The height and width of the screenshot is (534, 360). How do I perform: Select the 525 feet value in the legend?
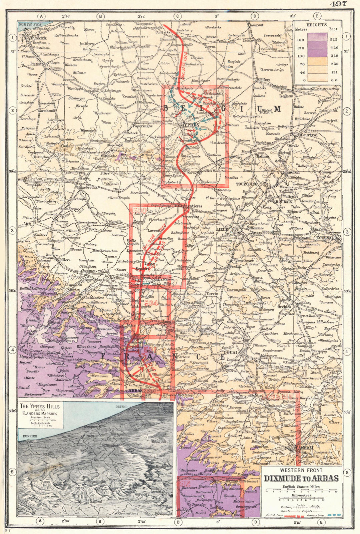334,40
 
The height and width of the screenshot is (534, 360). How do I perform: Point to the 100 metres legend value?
301,56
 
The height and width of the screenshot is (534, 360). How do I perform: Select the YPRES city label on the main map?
191,124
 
